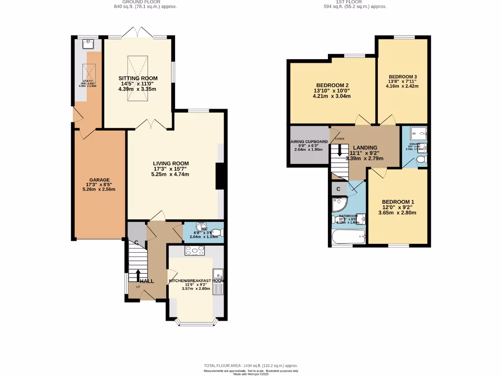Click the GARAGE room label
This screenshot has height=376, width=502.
tap(99, 180)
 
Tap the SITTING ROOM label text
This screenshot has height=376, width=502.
tap(138, 78)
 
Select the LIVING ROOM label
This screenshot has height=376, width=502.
tap(171, 164)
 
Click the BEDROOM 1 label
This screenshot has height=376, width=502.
tap(398, 202)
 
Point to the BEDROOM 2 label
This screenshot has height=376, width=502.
tap(332, 85)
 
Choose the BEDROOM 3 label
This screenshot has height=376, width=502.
tap(402, 77)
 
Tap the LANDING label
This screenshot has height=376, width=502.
tap(365, 147)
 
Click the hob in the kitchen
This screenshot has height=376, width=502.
tap(195, 251)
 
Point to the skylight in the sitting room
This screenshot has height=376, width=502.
tap(138, 79)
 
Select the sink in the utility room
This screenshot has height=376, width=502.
tap(89, 43)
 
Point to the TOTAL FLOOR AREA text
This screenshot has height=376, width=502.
tap(251, 366)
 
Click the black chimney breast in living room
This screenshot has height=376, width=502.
tap(221, 176)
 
